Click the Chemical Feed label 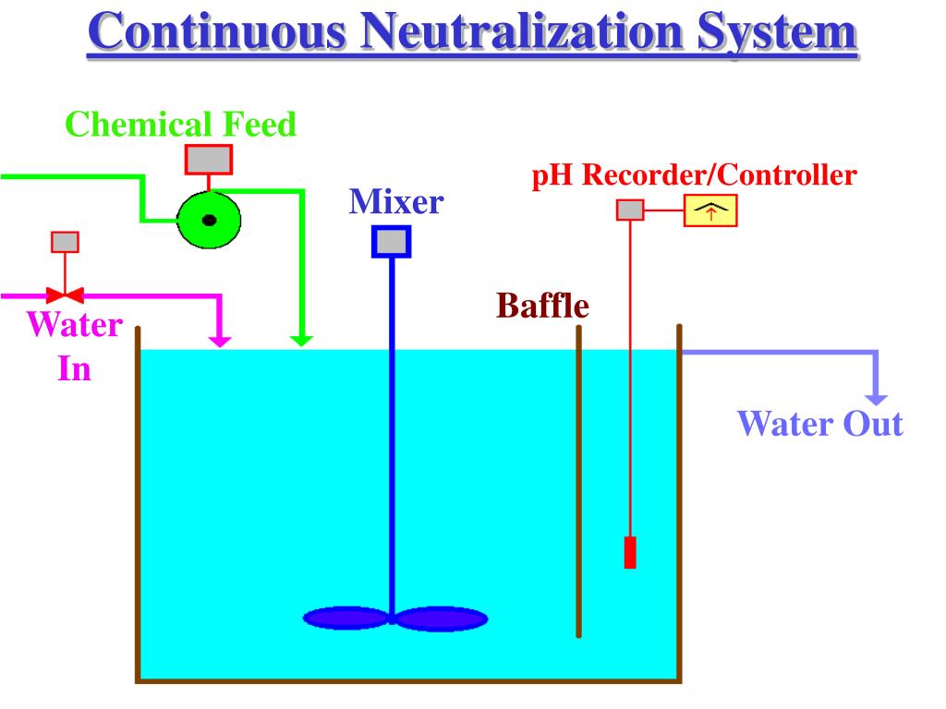click(x=181, y=124)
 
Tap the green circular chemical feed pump click(x=209, y=220)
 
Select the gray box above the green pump click(x=209, y=159)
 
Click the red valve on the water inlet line click(x=65, y=295)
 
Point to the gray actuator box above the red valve click(x=65, y=242)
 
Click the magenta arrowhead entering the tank click(x=220, y=340)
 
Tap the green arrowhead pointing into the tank click(x=301, y=340)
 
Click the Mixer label click(x=395, y=200)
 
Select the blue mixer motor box click(x=392, y=242)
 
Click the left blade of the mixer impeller click(x=346, y=618)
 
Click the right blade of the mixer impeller click(x=441, y=618)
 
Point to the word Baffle click(x=543, y=305)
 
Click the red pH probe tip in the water click(x=630, y=552)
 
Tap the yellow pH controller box click(x=710, y=211)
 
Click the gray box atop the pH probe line click(x=630, y=210)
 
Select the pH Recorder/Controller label click(x=694, y=175)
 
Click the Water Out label click(x=819, y=424)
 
